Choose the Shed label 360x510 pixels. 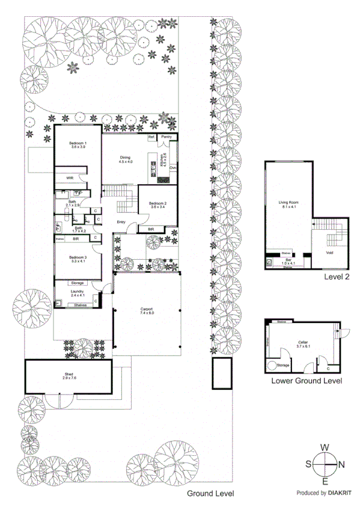(69, 375)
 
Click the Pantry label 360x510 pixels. (167, 137)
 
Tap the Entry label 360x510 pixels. (121, 222)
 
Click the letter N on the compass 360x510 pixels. (341, 464)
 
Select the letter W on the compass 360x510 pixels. (325, 447)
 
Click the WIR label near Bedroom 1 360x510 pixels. (70, 179)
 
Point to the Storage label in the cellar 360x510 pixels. (283, 366)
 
